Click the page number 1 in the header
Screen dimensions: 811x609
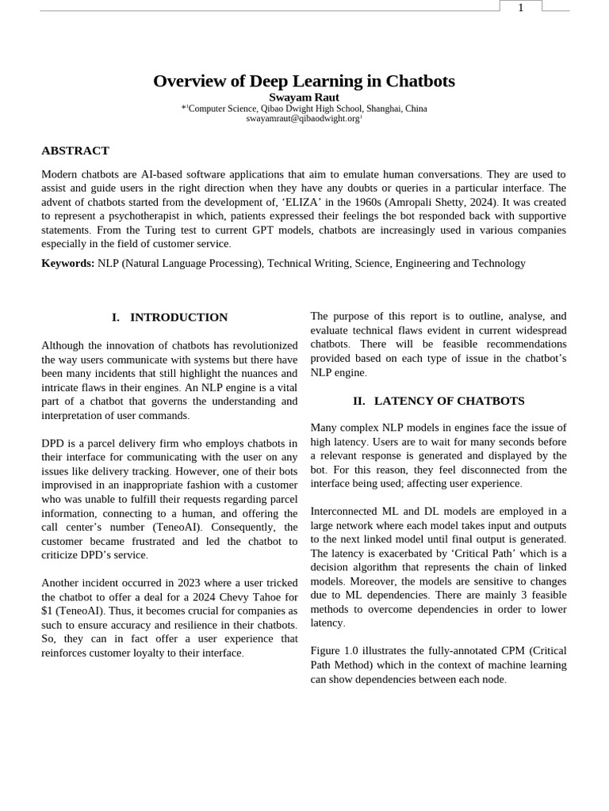[x=520, y=8]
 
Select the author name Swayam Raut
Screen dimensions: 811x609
[x=304, y=97]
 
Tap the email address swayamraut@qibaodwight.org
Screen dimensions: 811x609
[x=303, y=118]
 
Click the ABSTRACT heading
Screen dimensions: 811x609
[x=75, y=150]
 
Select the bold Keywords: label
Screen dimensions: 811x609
[x=67, y=263]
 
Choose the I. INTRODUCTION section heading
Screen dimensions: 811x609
[x=170, y=318]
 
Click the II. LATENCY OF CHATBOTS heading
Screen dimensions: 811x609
[x=438, y=402]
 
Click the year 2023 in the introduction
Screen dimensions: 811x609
[x=175, y=582]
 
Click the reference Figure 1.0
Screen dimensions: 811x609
[x=337, y=651]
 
